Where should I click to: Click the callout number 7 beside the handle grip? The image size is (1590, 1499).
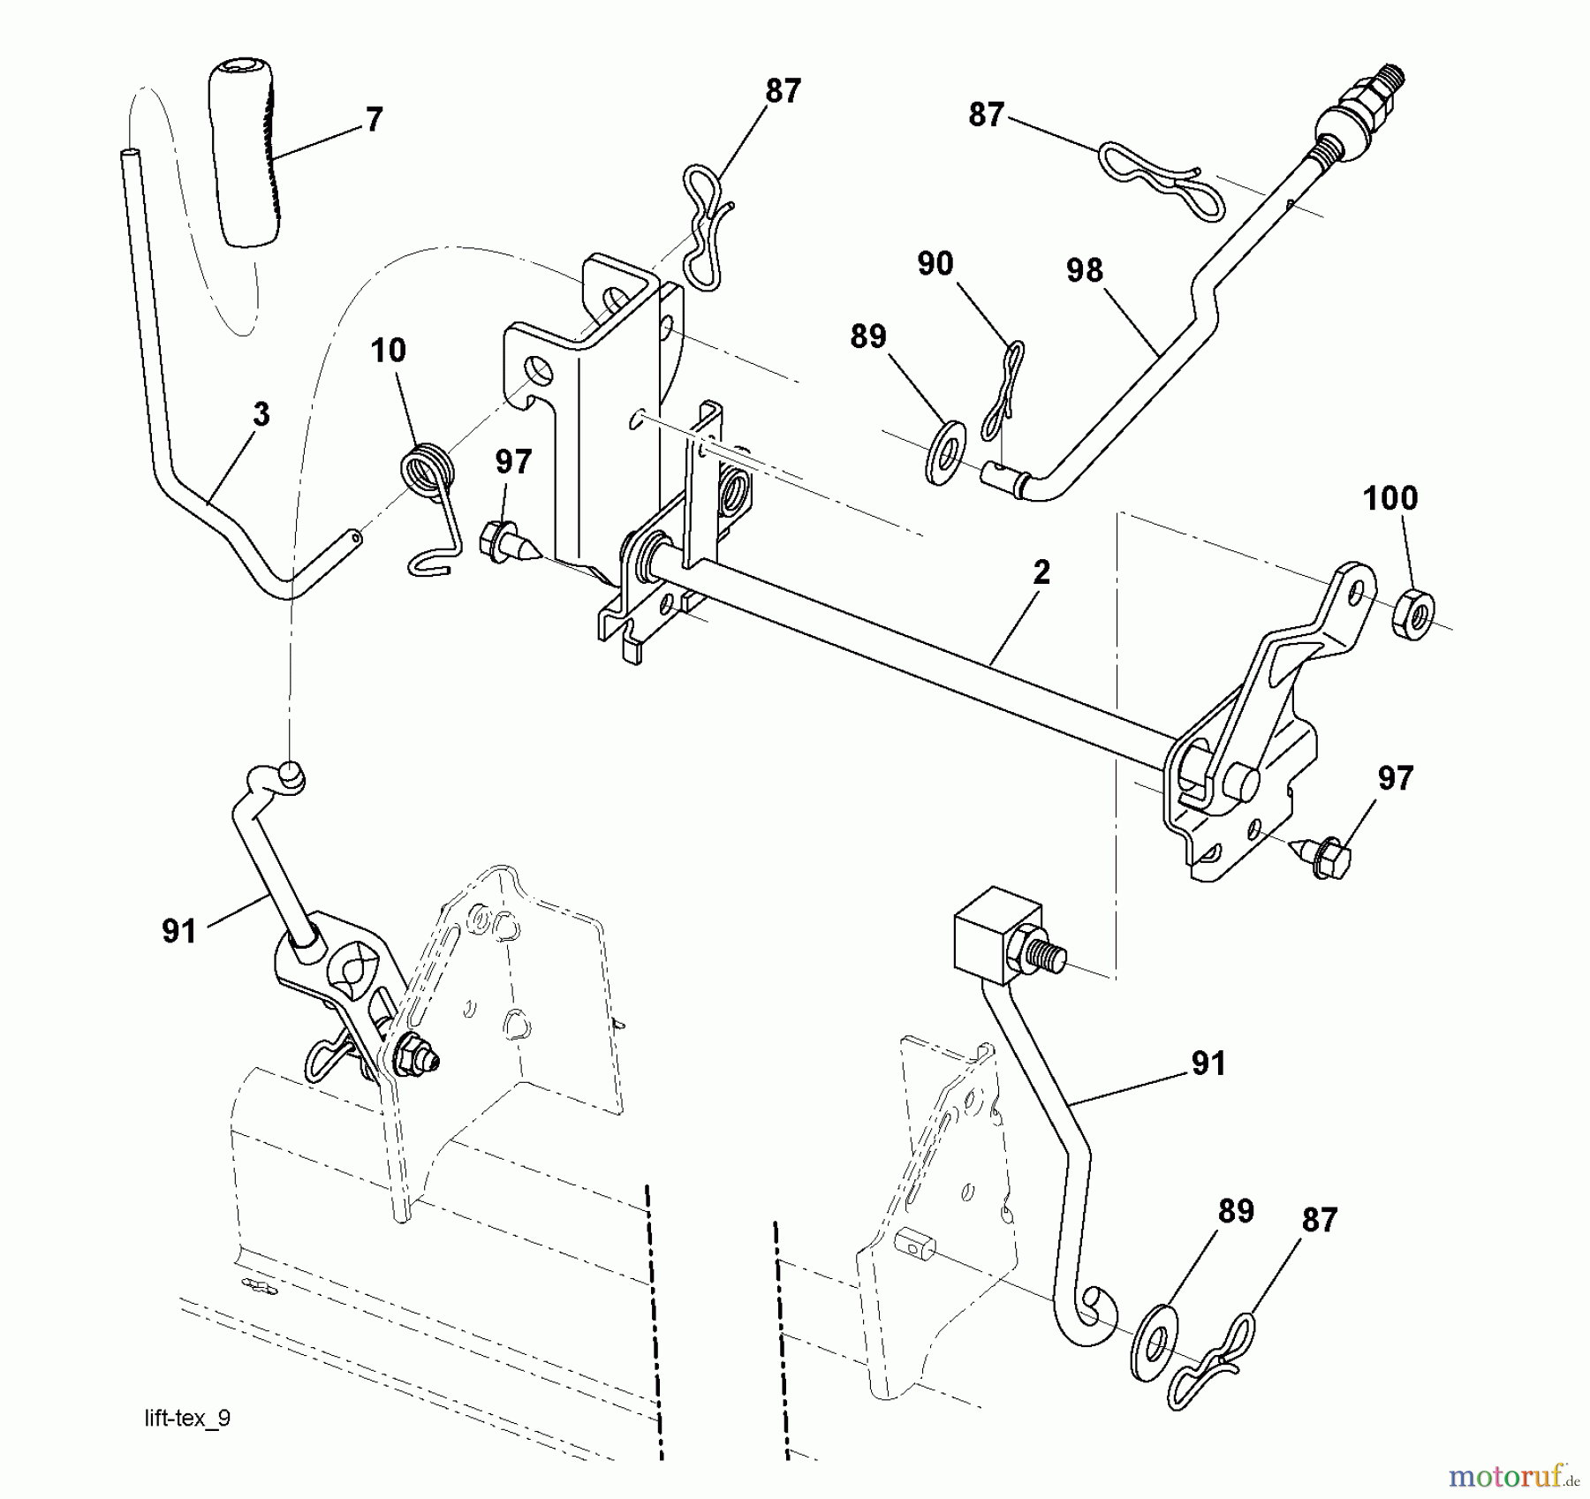[374, 119]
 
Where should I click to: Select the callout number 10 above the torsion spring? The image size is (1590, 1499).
[388, 351]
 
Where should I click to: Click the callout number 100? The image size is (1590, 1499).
[1390, 498]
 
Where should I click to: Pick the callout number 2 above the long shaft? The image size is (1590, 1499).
[1041, 572]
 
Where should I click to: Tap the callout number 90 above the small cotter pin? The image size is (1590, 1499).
[935, 263]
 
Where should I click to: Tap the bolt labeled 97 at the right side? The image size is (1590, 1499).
[1326, 854]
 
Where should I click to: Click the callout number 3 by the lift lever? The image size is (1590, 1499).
[261, 414]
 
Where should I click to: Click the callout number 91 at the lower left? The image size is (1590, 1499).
[179, 931]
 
